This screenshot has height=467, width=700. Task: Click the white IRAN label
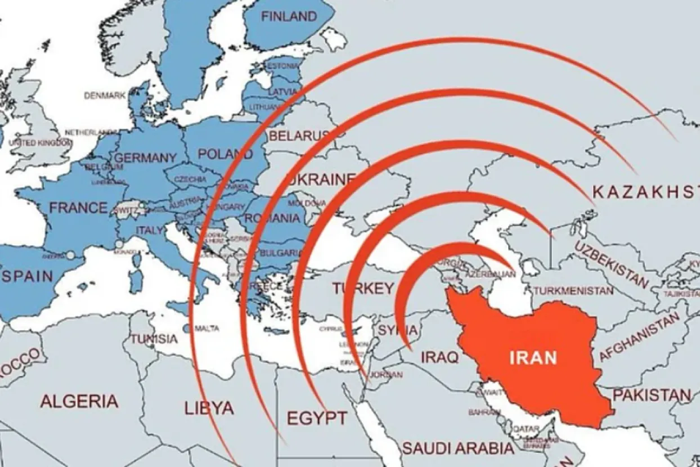(x=533, y=357)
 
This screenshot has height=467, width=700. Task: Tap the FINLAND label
(x=289, y=17)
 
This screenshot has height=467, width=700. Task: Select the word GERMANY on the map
(x=145, y=158)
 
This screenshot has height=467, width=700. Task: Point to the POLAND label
(x=225, y=154)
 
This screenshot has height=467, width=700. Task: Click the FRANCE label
(x=78, y=208)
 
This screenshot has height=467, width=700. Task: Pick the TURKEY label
(x=362, y=289)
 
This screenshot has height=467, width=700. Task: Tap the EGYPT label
(x=317, y=418)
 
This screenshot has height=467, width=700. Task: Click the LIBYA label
(x=209, y=407)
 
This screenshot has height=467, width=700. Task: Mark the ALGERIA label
(x=79, y=401)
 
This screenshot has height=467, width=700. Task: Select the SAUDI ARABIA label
(x=457, y=448)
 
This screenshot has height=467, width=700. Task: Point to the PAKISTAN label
(x=652, y=395)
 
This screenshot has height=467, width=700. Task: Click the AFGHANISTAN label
(x=639, y=338)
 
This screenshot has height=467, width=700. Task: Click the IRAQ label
(x=439, y=357)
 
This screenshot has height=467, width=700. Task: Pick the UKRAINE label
(x=321, y=179)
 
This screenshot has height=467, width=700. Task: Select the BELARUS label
(x=299, y=136)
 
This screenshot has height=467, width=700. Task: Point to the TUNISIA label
(x=154, y=339)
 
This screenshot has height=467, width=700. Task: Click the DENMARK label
(x=105, y=96)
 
